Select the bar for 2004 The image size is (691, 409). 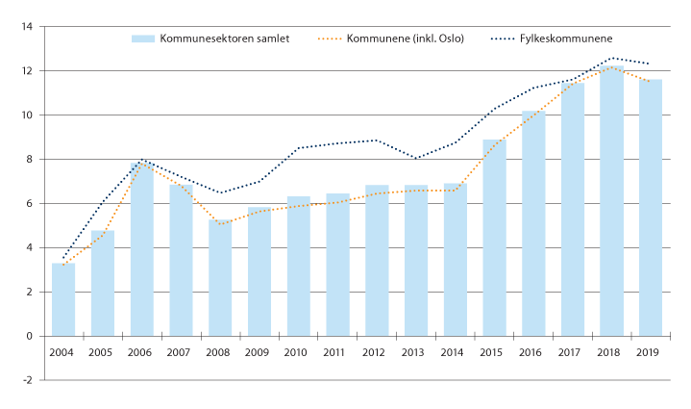pos(63,299)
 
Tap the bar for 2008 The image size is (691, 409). pos(220,278)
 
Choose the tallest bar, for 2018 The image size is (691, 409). pos(611,201)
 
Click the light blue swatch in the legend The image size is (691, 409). pos(142,38)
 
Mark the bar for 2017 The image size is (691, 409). pos(572,209)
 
